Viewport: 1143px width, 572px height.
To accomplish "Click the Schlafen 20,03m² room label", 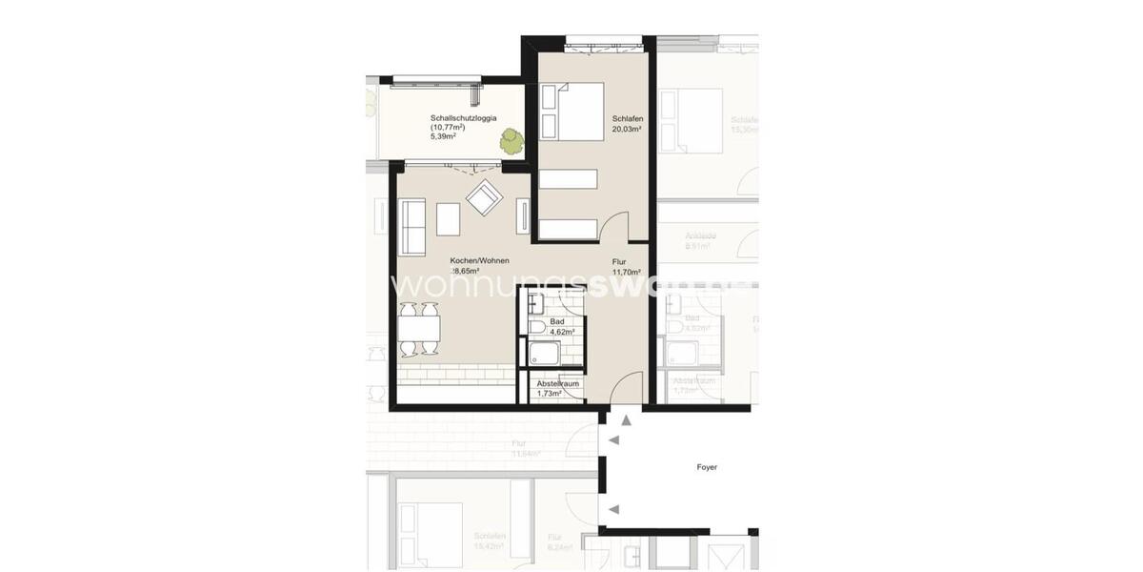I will [628, 123].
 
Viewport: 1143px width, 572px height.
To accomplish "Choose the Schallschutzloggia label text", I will [463, 119].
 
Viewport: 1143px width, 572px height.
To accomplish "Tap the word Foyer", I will [706, 467].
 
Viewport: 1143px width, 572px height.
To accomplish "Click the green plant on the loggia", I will [511, 141].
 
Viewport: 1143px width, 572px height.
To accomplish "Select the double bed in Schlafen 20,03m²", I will [571, 112].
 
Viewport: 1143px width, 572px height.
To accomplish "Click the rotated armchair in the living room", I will [484, 198].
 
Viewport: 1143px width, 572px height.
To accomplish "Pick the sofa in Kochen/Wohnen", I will [411, 226].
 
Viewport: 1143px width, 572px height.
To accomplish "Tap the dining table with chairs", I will [419, 331].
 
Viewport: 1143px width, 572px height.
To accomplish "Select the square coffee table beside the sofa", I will [448, 219].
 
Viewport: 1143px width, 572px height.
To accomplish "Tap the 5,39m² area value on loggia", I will [443, 137].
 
